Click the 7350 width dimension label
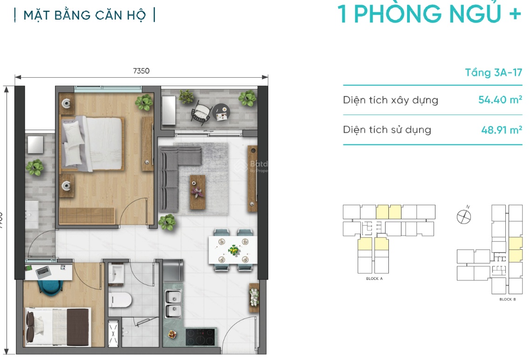tap(141, 71)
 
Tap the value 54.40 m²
tap(500, 99)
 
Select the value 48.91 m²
tap(501, 129)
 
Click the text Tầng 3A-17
tap(493, 73)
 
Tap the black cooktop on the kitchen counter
tap(200, 337)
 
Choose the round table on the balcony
tap(221, 112)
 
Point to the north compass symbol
tap(464, 216)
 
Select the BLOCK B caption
tap(507, 299)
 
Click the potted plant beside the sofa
tap(167, 222)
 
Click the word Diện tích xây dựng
tap(390, 100)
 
